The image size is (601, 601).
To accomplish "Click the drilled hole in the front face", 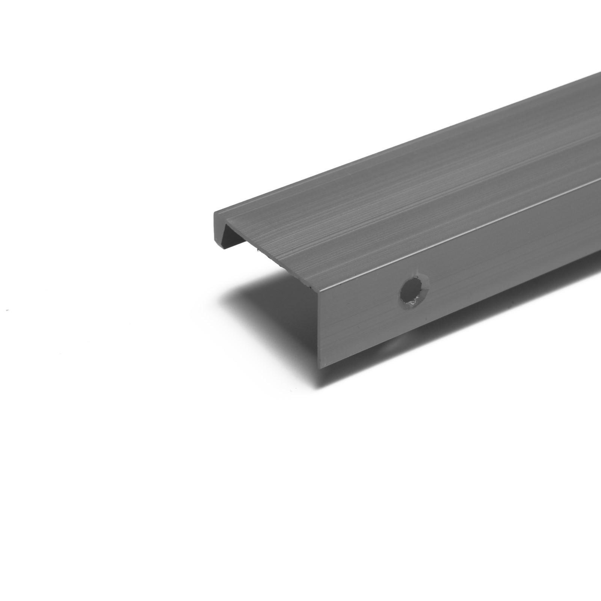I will tap(413, 291).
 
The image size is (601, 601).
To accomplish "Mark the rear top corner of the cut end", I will tap(215, 212).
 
